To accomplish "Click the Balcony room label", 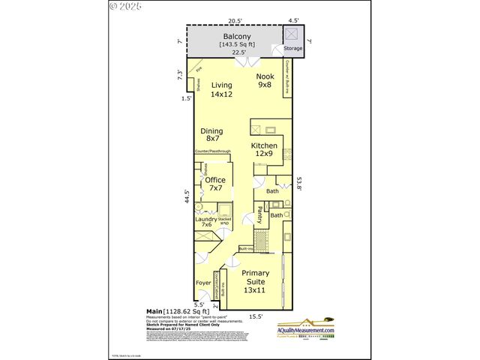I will pos(238,36).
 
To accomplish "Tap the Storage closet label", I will pos(292,49).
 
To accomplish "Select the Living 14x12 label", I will pos(222,90).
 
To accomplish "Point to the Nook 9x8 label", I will pos(265,81).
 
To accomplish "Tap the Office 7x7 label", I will pos(215,184).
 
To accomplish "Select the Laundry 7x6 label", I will pos(206,221).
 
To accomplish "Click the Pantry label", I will pos(259,214).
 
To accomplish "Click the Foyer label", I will pos(202,283).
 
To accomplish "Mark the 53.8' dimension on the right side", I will pos(298,183).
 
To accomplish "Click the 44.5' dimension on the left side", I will pos(187,196).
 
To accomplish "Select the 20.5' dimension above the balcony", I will pos(235,22).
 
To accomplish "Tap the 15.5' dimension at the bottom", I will pos(255,316).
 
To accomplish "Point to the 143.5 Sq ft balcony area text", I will pos(238,44).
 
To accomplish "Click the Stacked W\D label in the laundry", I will pos(224,221).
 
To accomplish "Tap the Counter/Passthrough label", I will pos(211,151).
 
